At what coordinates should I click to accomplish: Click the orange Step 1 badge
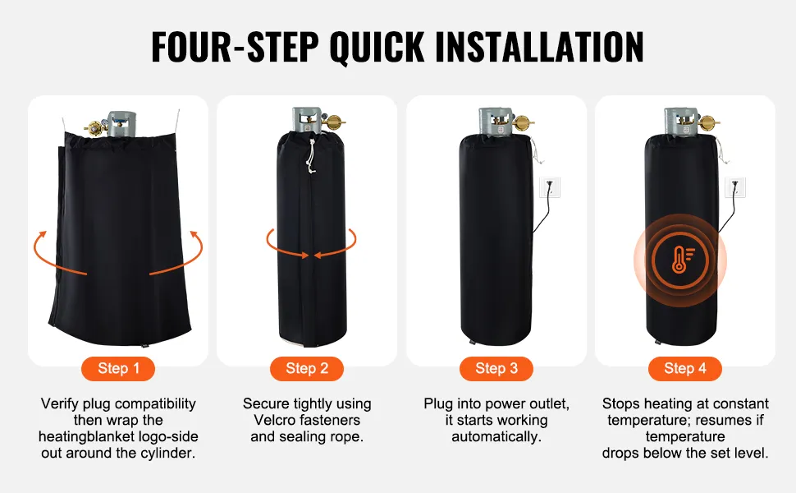(x=118, y=368)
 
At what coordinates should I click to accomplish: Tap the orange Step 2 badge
(x=307, y=368)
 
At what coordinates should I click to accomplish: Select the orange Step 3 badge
(x=496, y=368)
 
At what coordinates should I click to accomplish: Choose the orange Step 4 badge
(x=685, y=368)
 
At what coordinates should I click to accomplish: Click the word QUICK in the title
(x=377, y=48)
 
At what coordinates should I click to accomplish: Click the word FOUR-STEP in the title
(x=235, y=47)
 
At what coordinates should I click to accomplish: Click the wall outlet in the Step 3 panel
(x=549, y=187)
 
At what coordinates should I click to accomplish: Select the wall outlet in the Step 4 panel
(x=735, y=187)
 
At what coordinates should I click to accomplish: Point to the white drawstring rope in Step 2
(x=311, y=155)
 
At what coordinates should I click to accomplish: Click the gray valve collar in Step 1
(x=121, y=124)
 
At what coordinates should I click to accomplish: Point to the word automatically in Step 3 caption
(x=496, y=436)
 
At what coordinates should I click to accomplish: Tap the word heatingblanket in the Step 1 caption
(x=87, y=436)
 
